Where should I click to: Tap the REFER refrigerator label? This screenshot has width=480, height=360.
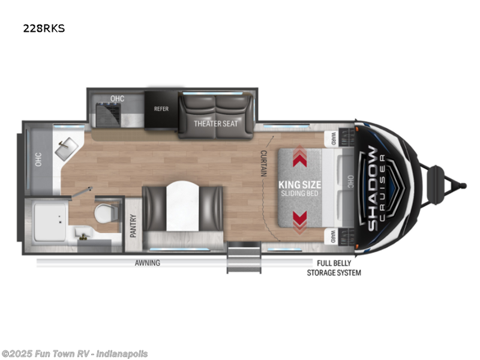161,109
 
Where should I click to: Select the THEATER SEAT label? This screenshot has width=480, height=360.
215,124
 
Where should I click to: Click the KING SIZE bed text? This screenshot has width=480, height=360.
300,185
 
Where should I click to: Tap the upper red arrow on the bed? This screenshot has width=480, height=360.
299,158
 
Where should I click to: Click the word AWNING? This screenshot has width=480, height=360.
147,263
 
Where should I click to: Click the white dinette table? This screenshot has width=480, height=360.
182,207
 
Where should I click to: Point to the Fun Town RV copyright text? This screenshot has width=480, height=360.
75,354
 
